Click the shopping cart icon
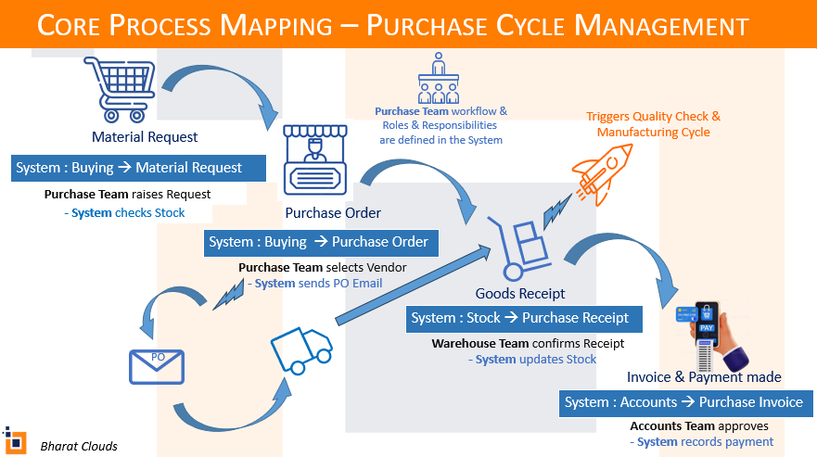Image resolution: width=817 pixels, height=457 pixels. click(x=116, y=89)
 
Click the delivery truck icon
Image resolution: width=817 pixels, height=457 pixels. click(x=300, y=351)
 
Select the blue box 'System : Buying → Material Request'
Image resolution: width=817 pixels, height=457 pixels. click(x=140, y=168)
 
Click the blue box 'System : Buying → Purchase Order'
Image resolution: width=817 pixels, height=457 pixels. click(x=320, y=242)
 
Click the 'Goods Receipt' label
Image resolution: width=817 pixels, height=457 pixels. click(x=520, y=294)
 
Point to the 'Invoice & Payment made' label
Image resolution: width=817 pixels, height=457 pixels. click(x=704, y=377)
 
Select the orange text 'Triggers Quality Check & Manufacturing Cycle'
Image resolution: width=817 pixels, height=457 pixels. click(x=653, y=124)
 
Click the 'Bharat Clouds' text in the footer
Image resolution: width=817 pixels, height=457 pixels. click(x=79, y=446)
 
